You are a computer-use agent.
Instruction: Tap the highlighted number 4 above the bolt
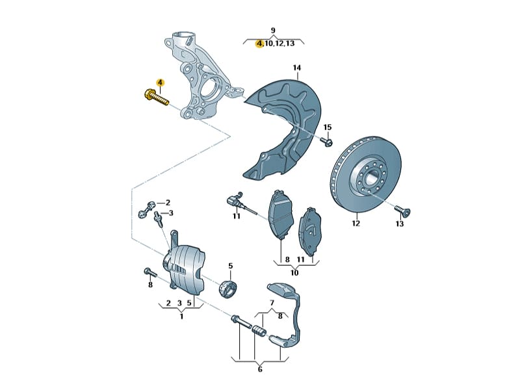(x=159, y=83)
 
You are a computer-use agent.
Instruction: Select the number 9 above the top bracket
(x=273, y=31)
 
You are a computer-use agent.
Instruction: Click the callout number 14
(x=296, y=68)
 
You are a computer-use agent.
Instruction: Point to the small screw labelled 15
(x=327, y=140)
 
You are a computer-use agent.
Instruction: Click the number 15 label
(x=327, y=127)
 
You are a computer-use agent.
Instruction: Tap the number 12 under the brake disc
(x=356, y=224)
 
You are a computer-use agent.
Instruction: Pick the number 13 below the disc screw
(x=399, y=224)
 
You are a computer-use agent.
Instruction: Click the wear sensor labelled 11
(x=235, y=200)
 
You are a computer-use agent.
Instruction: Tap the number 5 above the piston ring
(x=230, y=265)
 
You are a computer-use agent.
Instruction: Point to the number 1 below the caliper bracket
(x=181, y=316)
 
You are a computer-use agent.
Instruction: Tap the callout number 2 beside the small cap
(x=167, y=202)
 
